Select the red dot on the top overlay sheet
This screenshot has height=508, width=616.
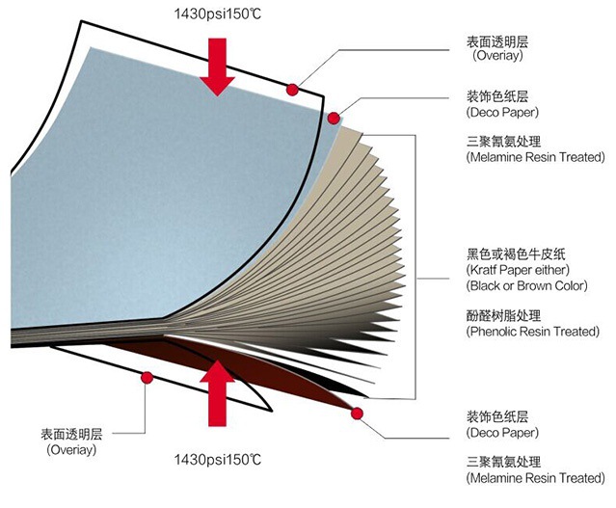click(x=292, y=89)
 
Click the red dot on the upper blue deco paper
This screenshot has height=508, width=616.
click(x=334, y=119)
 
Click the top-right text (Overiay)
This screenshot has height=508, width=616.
click(x=497, y=56)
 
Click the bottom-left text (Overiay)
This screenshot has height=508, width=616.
click(x=75, y=449)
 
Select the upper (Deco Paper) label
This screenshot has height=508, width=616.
click(x=502, y=112)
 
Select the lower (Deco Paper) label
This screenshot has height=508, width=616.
click(x=502, y=434)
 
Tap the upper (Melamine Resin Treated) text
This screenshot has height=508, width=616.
click(x=534, y=156)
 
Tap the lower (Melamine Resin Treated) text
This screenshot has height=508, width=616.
click(x=534, y=478)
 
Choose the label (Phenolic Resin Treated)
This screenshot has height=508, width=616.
click(x=532, y=332)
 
